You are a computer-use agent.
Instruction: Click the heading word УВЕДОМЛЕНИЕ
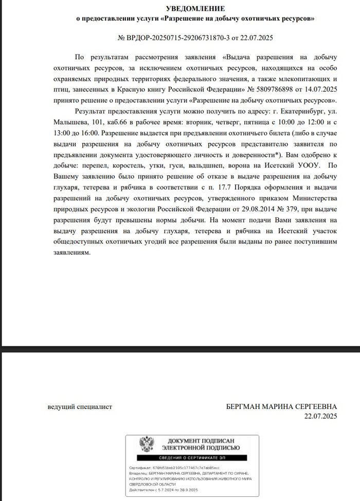coord(195,9)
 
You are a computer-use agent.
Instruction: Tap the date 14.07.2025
coord(321,90)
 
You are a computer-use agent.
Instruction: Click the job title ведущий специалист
coord(80,407)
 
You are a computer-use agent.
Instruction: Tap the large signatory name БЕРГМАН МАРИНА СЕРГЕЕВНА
coord(281,407)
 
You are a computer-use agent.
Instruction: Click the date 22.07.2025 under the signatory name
coord(320,416)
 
